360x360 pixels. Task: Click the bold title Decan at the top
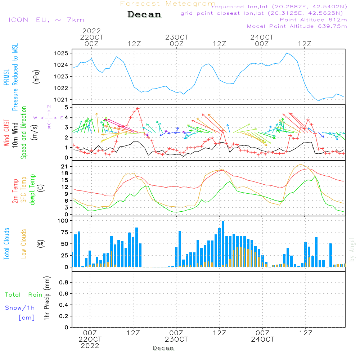(x=144, y=14)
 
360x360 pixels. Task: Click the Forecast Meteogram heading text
(x=168, y=4)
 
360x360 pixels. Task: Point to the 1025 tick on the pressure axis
(x=62, y=53)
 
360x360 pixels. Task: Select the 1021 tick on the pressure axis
(x=62, y=100)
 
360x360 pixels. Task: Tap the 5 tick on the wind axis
(x=66, y=107)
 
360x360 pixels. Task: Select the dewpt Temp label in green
(x=32, y=190)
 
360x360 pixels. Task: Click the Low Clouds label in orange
(x=24, y=243)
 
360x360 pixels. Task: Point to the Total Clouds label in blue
(x=6, y=243)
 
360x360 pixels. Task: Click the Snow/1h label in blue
(x=20, y=308)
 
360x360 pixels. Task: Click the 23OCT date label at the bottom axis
(x=177, y=339)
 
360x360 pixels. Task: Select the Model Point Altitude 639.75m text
(x=297, y=26)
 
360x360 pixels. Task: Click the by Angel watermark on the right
(x=352, y=249)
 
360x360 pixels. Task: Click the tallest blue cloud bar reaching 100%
(x=223, y=244)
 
